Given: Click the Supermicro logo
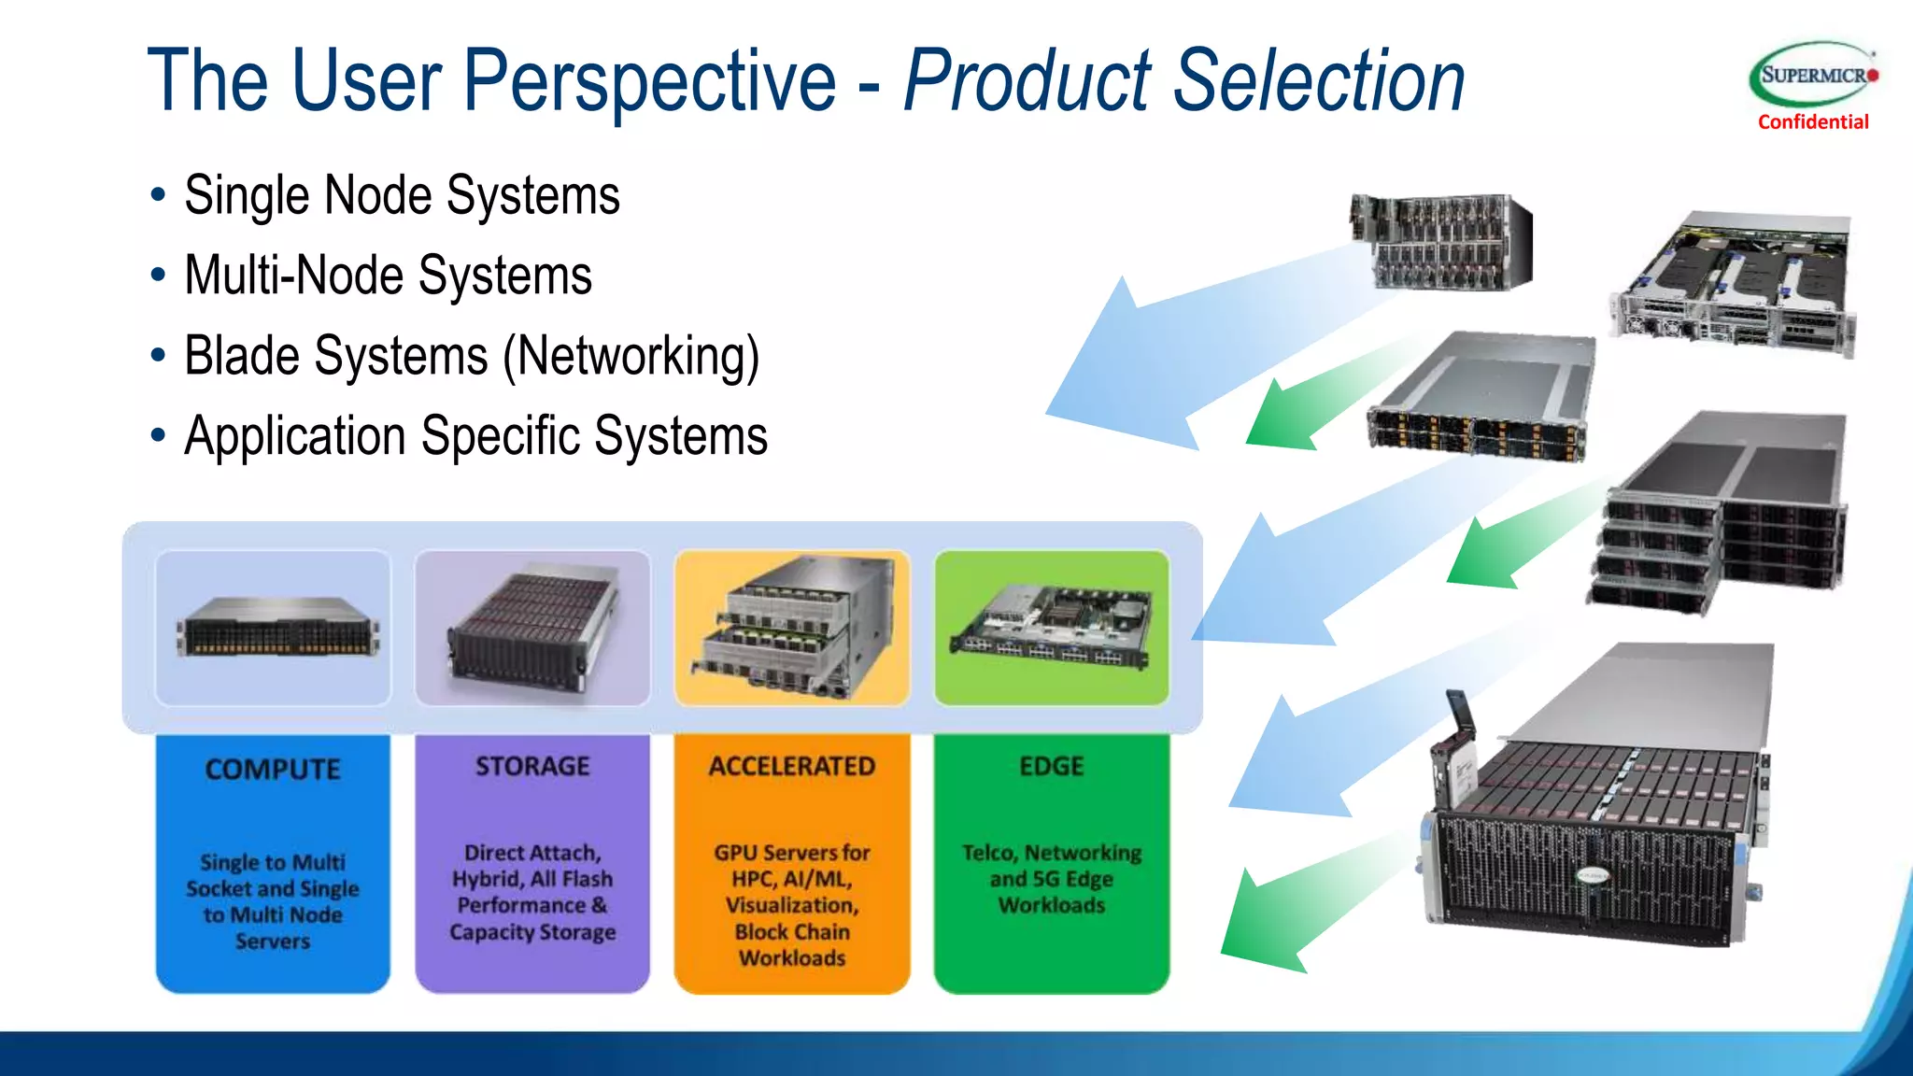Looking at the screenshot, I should tap(1813, 75).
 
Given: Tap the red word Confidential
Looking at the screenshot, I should tap(1813, 122).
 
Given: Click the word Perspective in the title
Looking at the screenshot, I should tap(648, 82).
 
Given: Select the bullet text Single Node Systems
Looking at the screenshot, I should tap(402, 195).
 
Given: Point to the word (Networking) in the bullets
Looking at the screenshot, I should tap(631, 356).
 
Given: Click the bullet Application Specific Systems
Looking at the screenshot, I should tap(475, 436).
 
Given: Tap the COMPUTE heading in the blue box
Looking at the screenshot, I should tap(273, 770).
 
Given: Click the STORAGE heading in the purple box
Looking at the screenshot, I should tap(532, 767).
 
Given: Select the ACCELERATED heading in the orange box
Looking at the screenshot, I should tap(792, 767).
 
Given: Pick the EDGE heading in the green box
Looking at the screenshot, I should tap(1052, 767).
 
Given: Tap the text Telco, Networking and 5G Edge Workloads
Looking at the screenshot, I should tap(1052, 879).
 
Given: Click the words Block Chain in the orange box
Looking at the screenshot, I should tap(792, 932).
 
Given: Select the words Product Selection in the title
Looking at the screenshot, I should tap(1184, 82).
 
